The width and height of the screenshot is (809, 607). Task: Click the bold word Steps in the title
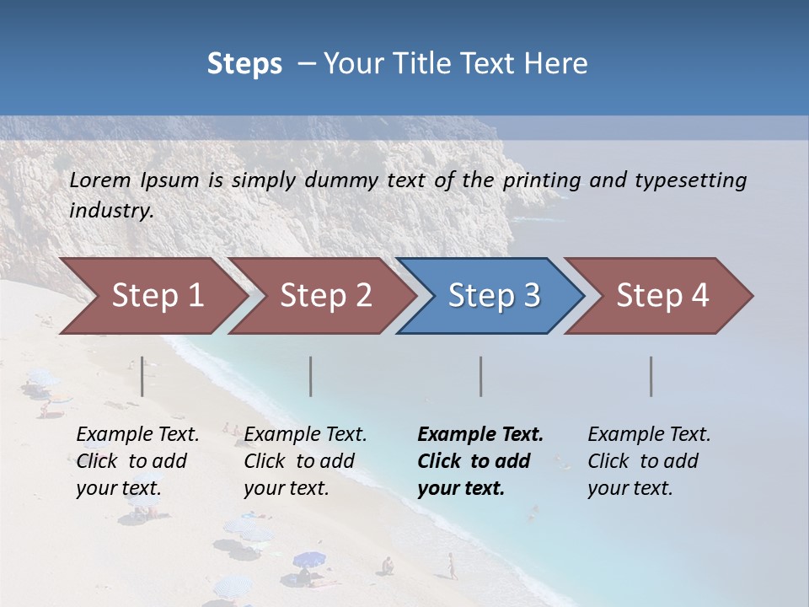(x=244, y=64)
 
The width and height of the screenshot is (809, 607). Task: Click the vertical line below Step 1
(x=142, y=376)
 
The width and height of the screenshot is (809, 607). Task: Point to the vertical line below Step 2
(x=311, y=376)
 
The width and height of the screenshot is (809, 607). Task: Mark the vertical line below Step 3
(x=481, y=376)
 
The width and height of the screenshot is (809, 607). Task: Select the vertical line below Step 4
(x=651, y=376)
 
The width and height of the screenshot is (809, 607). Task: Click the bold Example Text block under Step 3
(x=480, y=461)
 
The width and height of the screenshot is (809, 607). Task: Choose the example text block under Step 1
(x=137, y=461)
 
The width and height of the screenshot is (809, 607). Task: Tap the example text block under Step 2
(x=305, y=461)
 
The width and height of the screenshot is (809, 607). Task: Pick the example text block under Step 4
(x=649, y=461)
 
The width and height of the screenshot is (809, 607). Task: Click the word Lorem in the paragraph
(x=100, y=180)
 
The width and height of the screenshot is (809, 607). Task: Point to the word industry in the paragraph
(x=111, y=211)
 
